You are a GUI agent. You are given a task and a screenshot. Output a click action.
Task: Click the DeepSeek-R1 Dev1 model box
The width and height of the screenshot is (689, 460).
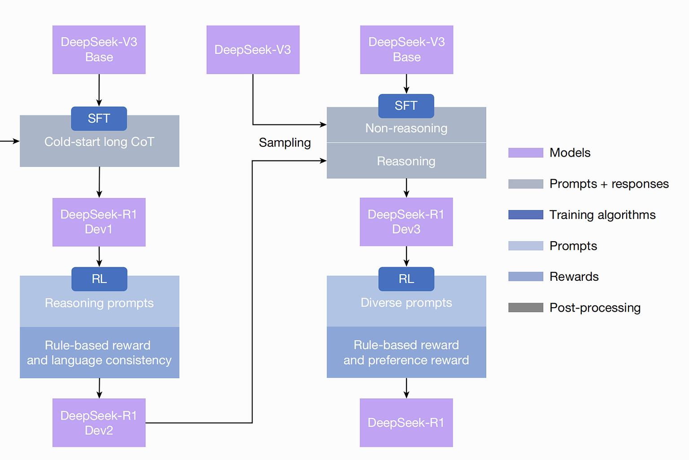coord(99,222)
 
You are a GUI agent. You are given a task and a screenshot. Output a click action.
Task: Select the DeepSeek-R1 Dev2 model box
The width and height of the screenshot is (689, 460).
coord(99,423)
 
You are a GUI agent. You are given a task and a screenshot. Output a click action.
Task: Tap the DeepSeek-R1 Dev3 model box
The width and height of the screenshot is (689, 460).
coord(406,222)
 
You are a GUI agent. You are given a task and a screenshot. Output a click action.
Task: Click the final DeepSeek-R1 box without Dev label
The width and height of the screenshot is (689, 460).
coord(406,423)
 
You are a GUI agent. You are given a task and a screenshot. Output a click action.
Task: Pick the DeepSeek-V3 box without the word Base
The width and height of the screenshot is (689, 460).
coord(253,49)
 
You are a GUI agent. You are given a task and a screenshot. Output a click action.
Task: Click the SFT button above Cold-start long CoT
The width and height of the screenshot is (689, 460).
coord(99,119)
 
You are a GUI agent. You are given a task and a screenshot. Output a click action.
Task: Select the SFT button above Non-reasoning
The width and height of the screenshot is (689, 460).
coord(406,106)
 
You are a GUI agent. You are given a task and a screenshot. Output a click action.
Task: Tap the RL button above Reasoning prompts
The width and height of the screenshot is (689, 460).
coord(99,279)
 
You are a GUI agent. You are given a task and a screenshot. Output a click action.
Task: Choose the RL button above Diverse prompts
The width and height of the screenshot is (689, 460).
coord(406,279)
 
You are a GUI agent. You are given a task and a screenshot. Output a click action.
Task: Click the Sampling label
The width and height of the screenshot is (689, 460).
coord(284,143)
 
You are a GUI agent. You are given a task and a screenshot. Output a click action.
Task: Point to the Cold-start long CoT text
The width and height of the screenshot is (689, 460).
coord(99,142)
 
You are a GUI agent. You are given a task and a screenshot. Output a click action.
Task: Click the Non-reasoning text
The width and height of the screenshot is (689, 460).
coord(406,128)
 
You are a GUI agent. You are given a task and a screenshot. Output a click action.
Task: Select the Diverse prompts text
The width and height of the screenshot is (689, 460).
coord(406,303)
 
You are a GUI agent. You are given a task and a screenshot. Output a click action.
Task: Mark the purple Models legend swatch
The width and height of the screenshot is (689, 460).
coord(526,153)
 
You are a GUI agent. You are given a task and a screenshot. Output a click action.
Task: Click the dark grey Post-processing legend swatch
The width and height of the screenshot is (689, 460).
coord(526,307)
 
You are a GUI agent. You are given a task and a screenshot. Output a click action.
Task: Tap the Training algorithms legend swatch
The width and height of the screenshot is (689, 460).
coord(526,215)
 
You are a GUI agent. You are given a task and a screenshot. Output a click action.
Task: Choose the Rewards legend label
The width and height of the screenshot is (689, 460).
coord(574,277)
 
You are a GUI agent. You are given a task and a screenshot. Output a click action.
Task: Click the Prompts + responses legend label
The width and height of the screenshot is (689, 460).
coord(609,184)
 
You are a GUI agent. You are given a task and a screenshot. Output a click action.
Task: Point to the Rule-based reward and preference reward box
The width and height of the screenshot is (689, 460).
coord(406,352)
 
